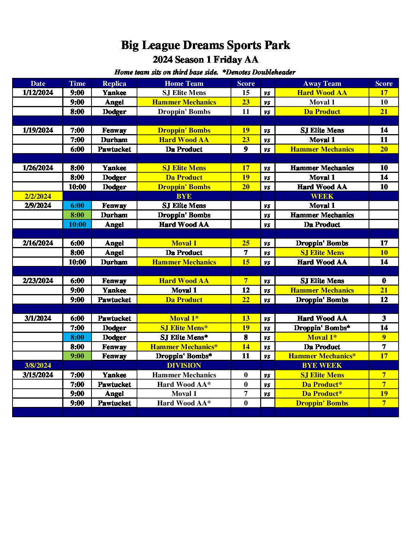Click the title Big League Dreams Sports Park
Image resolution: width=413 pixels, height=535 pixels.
click(x=205, y=45)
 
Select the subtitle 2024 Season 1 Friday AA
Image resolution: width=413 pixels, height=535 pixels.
click(x=205, y=60)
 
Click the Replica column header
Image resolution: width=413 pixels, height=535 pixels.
click(x=114, y=84)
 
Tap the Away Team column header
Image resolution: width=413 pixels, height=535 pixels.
click(x=322, y=84)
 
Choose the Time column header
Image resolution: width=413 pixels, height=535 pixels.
click(x=77, y=84)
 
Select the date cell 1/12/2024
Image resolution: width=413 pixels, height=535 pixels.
click(x=38, y=93)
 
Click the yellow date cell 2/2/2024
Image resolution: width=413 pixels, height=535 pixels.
click(x=38, y=196)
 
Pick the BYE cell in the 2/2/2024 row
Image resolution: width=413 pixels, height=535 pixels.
click(x=184, y=196)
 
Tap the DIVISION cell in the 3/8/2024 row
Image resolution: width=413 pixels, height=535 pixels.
click(x=184, y=366)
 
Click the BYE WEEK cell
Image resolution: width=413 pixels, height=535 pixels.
click(x=322, y=366)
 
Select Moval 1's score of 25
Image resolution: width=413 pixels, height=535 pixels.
click(x=246, y=243)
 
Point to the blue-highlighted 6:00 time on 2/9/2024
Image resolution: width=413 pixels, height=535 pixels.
click(x=77, y=206)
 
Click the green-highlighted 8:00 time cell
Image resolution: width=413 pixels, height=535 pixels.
click(x=77, y=215)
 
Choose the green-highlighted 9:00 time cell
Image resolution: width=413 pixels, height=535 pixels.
click(x=77, y=356)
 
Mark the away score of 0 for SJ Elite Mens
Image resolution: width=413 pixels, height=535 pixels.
click(x=384, y=281)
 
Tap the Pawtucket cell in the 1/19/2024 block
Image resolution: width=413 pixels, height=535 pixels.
click(x=114, y=149)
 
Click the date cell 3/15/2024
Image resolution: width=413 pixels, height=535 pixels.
click(x=38, y=375)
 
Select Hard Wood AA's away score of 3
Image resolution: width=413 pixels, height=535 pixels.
click(x=384, y=318)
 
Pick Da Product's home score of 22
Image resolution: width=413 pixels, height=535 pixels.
click(x=246, y=300)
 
